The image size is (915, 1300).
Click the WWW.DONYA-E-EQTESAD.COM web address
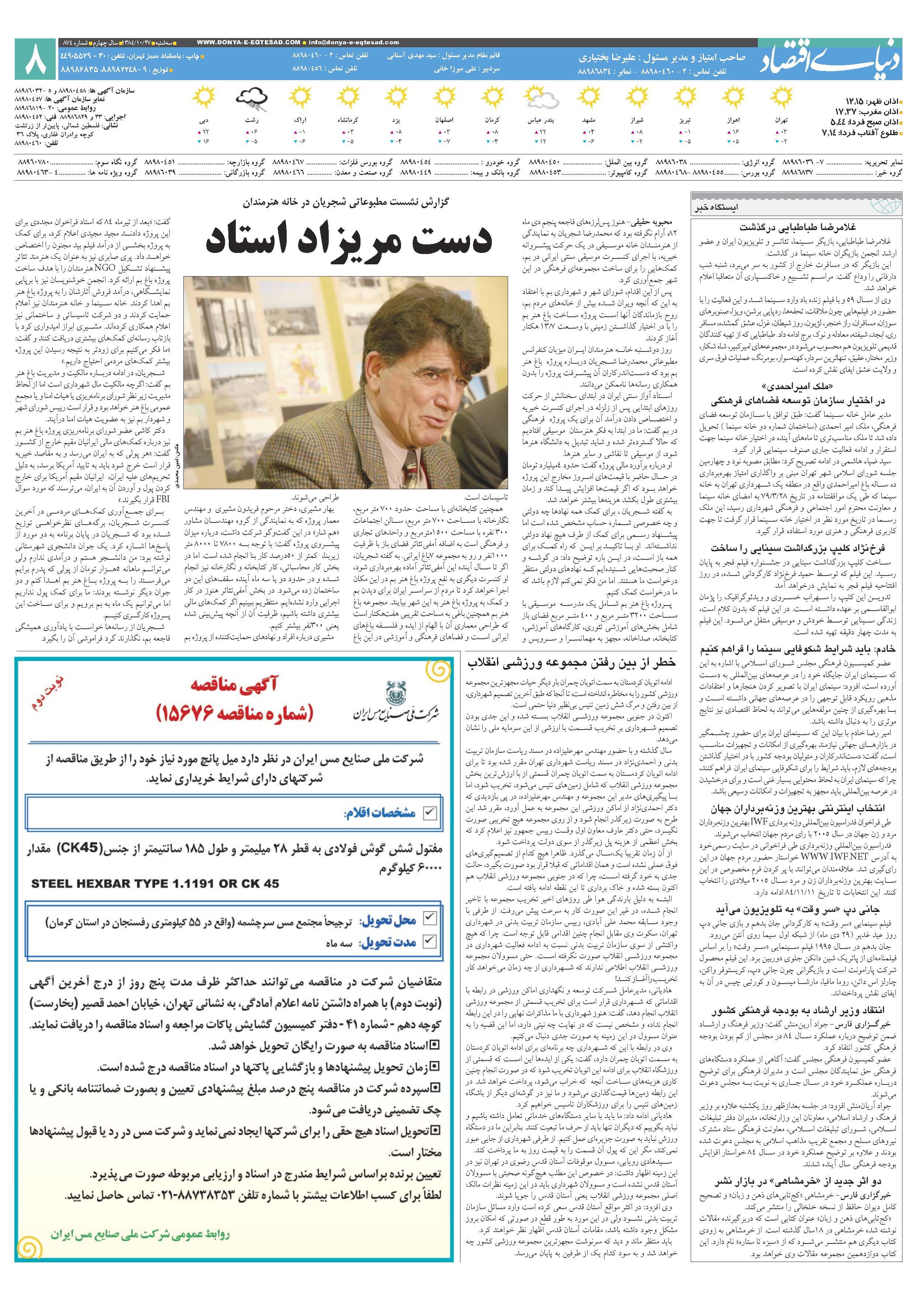click(249, 42)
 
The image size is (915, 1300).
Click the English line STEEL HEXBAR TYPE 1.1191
click(156, 883)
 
